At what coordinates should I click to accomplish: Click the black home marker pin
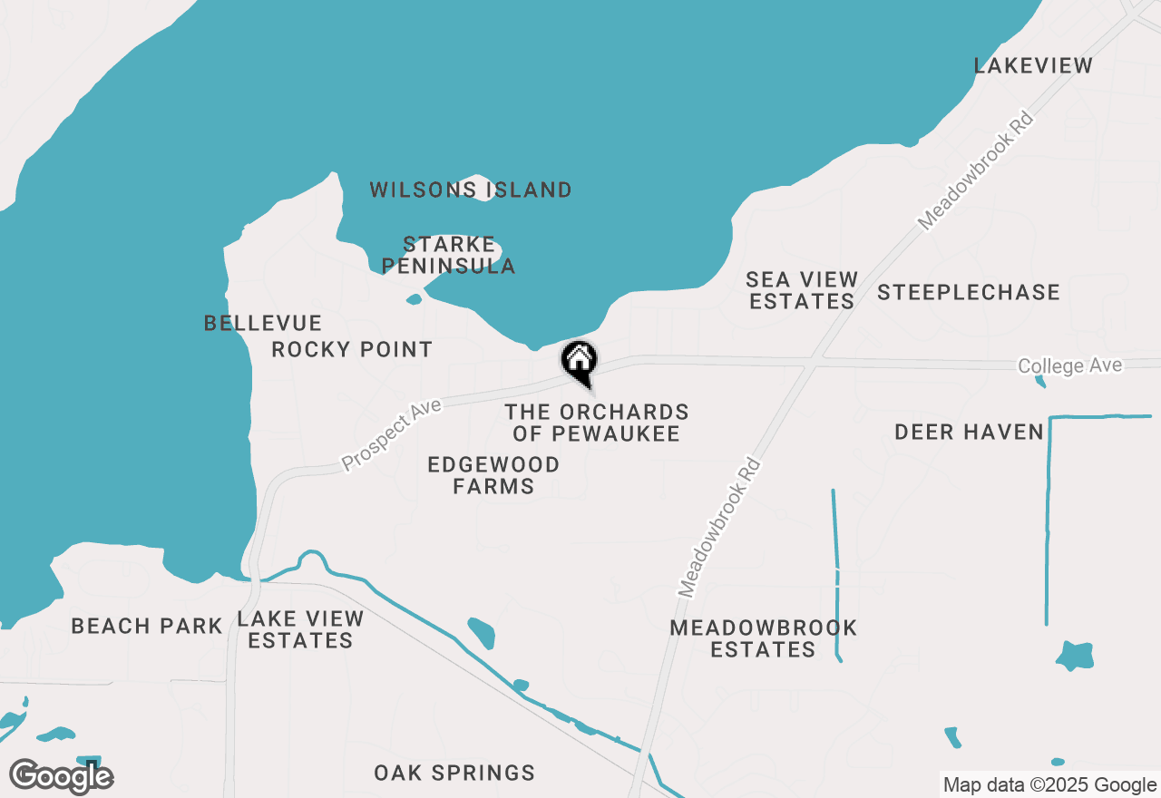pyautogui.click(x=579, y=361)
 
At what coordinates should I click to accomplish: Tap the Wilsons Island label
pyautogui.click(x=471, y=190)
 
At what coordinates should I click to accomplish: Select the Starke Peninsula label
pyautogui.click(x=449, y=255)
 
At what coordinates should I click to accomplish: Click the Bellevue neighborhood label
pyautogui.click(x=263, y=323)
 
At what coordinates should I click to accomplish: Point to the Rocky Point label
pyautogui.click(x=352, y=349)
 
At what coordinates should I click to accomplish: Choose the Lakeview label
pyautogui.click(x=1033, y=65)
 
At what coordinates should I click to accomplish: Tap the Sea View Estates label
pyautogui.click(x=802, y=290)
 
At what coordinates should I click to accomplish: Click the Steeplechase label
pyautogui.click(x=968, y=292)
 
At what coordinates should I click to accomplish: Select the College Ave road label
pyautogui.click(x=1070, y=365)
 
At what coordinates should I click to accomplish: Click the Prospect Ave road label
pyautogui.click(x=391, y=435)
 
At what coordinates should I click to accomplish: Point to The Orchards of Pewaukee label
pyautogui.click(x=597, y=423)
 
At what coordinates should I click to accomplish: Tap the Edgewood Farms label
pyautogui.click(x=493, y=475)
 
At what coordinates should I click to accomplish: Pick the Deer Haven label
pyautogui.click(x=970, y=432)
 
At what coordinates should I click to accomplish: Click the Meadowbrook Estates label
pyautogui.click(x=763, y=638)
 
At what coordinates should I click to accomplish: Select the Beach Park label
pyautogui.click(x=147, y=626)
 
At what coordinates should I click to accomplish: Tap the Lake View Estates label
pyautogui.click(x=300, y=629)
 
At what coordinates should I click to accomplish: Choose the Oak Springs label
pyautogui.click(x=454, y=773)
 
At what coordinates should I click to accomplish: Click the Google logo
pyautogui.click(x=61, y=776)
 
